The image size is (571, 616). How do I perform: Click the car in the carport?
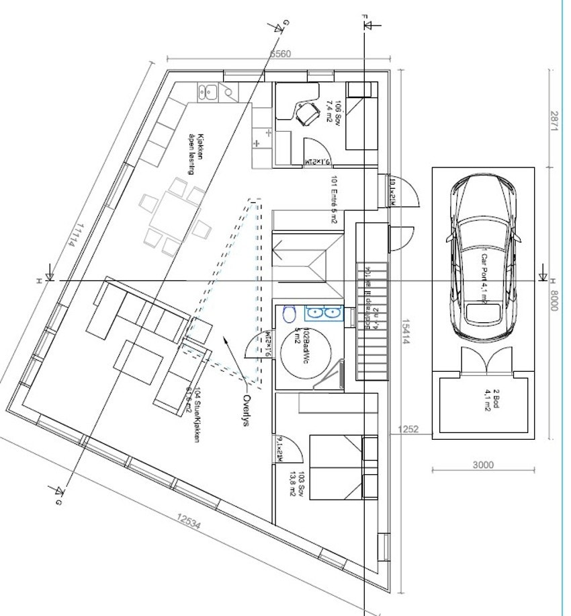pyautogui.click(x=483, y=258)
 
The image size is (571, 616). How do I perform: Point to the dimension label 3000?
pyautogui.click(x=483, y=464)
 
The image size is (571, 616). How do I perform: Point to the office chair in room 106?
pyautogui.click(x=305, y=114)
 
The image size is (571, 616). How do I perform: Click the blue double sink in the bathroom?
pyautogui.click(x=324, y=313)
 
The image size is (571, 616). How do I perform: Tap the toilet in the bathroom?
pyautogui.click(x=289, y=315)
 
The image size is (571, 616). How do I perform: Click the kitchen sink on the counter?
pyautogui.click(x=209, y=91)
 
